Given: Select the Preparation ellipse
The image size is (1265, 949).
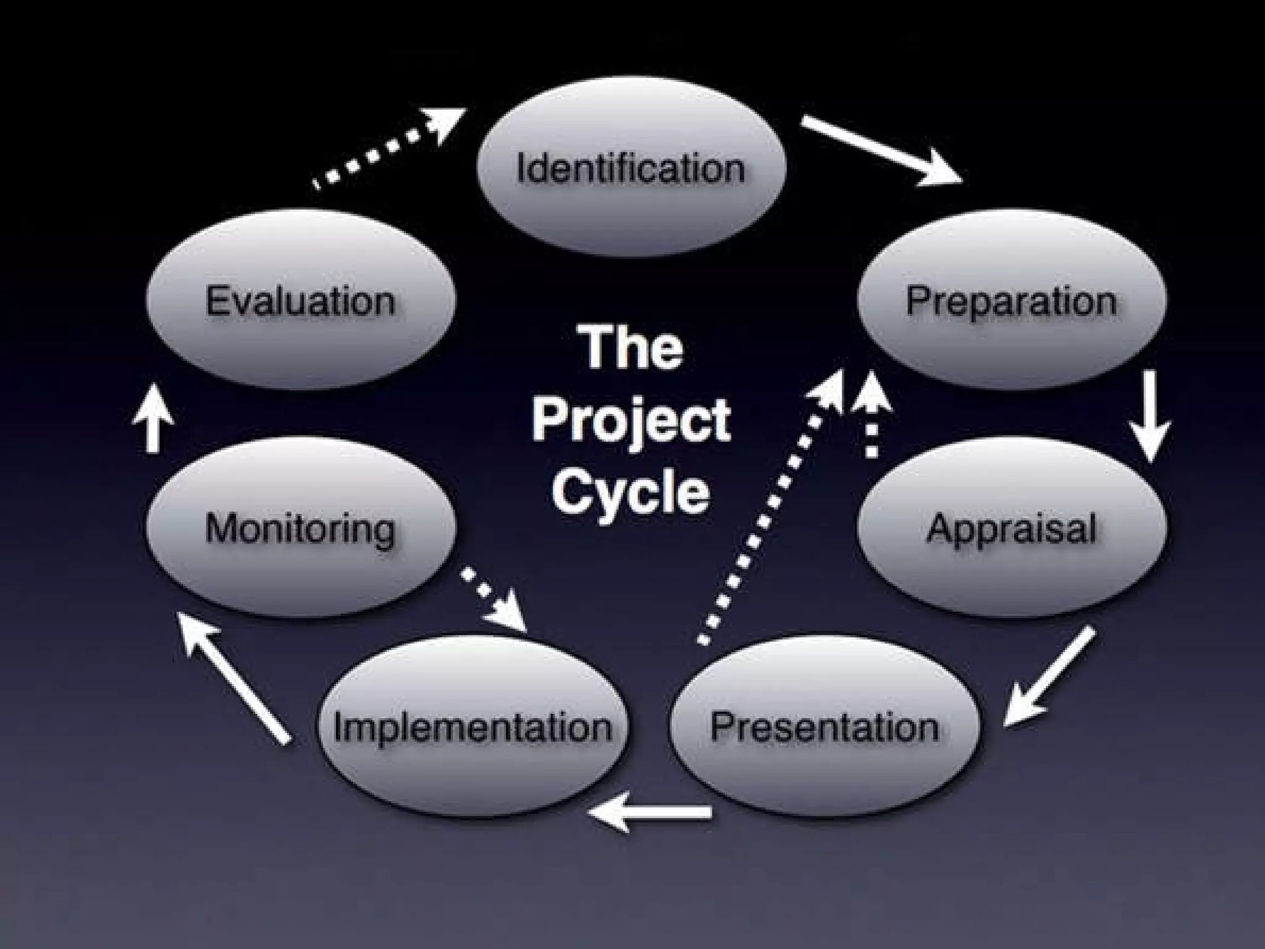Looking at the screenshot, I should (1012, 301).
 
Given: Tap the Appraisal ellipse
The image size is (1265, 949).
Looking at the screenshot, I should (1012, 528).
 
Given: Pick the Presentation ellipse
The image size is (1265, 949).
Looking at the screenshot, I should (825, 727).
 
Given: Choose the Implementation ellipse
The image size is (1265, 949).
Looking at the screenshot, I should (473, 727).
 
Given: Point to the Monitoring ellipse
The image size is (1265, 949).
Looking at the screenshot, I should (301, 528).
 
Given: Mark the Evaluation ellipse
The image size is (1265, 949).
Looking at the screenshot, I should (301, 301).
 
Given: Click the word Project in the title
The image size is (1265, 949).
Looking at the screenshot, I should (631, 420).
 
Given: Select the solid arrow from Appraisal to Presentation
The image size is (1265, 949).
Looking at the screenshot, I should (1050, 677).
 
